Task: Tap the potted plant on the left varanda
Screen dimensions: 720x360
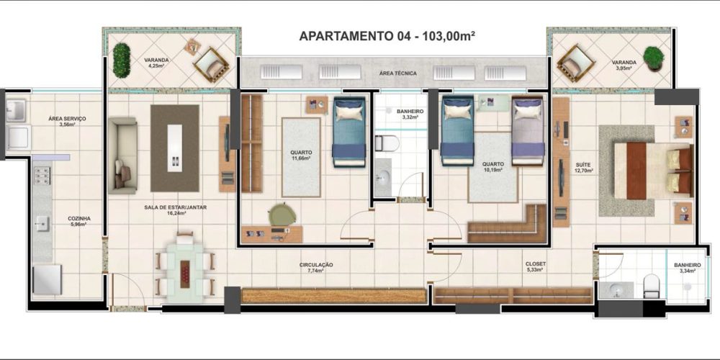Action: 121,60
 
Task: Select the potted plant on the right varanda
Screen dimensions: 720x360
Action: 653,58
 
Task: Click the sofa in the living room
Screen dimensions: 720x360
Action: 122,156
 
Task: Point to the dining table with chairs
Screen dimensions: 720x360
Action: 184,268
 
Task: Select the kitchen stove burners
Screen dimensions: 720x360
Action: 42,176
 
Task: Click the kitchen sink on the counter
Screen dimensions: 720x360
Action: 42,224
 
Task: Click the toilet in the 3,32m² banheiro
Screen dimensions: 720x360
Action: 387,143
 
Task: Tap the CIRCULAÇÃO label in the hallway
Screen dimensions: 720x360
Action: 316,265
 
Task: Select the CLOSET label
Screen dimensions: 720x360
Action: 536,264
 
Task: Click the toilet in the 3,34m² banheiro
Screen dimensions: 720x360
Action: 651,284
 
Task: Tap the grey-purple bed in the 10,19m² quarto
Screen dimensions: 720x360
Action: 528,130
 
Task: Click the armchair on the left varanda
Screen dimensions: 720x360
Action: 211,65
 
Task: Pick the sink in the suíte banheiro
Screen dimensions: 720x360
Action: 616,290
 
